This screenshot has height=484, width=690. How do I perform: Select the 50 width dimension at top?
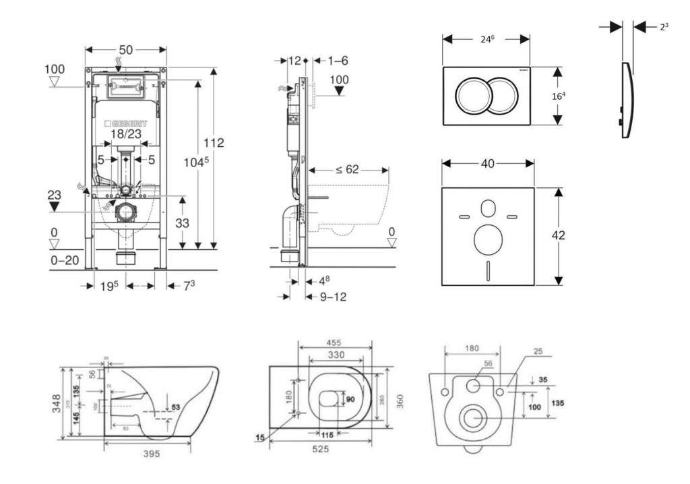coord(125,49)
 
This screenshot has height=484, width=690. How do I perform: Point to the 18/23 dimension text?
coord(125,134)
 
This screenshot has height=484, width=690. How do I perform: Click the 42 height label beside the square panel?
coord(559,235)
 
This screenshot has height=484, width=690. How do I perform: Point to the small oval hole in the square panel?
coord(489,207)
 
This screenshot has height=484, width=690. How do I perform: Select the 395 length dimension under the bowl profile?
coord(152,454)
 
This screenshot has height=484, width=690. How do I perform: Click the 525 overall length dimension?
coord(321,450)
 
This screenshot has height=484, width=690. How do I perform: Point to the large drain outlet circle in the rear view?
coord(472,419)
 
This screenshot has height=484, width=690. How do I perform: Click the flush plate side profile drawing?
coord(626,101)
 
